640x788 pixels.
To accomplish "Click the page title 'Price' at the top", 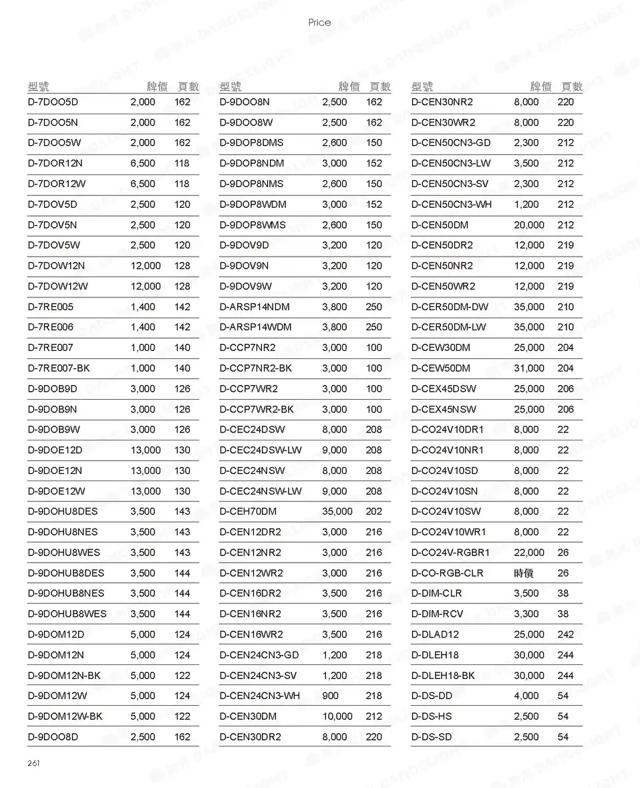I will click(319, 23).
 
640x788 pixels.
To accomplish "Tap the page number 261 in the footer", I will click(33, 763).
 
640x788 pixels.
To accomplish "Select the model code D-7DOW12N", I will click(56, 266).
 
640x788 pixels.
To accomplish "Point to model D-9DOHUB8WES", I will click(67, 614).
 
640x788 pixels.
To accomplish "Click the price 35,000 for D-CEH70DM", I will click(337, 512).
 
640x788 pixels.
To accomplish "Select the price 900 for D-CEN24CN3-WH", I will click(330, 696).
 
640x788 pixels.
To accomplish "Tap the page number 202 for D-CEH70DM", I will click(374, 512).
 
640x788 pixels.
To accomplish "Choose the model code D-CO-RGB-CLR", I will click(447, 573).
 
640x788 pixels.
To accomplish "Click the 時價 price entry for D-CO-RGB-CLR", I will click(523, 573).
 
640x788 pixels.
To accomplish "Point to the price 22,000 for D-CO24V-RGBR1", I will click(528, 553).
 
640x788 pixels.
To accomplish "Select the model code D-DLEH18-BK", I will click(443, 676).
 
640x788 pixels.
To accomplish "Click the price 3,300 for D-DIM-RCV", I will click(526, 614).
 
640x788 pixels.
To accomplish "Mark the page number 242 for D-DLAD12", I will click(565, 635).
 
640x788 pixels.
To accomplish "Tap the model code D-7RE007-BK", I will click(58, 368).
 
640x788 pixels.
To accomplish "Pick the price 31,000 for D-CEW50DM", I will click(528, 368).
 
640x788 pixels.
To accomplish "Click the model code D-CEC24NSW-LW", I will click(261, 491).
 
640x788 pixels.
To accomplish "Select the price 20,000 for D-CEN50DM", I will click(528, 225).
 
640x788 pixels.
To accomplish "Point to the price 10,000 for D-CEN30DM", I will click(337, 716).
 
